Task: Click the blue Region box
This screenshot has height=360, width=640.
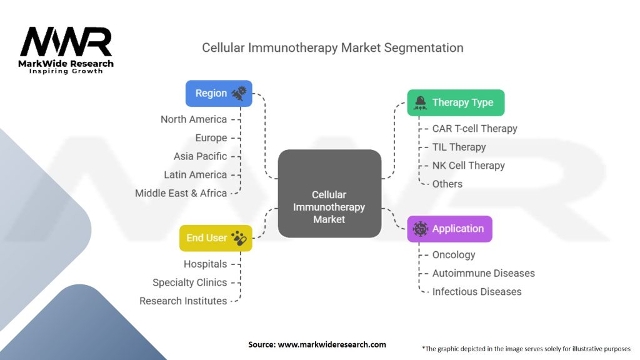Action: coord(219,93)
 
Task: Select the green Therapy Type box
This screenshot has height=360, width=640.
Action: coord(456,102)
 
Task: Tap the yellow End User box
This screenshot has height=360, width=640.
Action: coord(215,238)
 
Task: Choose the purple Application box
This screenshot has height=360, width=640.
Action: coord(449,229)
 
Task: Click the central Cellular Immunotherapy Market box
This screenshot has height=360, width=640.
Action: coord(329,194)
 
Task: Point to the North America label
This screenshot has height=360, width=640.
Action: coord(193,119)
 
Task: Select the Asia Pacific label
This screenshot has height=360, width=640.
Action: coord(200,156)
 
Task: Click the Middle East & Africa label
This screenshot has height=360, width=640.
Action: coord(181,193)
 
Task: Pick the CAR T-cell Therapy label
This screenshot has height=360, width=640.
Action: coord(474,129)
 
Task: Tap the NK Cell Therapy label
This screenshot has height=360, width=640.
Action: coord(468,166)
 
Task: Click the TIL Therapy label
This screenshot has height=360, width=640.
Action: coord(459,147)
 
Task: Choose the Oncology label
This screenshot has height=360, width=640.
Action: coord(454,255)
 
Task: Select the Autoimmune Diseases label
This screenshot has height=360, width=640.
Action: coord(483,273)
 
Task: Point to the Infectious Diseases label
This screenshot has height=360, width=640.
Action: coord(476,292)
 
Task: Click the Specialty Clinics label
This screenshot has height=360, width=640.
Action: coord(189,282)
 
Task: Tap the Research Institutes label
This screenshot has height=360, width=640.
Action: coord(183,301)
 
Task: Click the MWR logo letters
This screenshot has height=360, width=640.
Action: coord(66,42)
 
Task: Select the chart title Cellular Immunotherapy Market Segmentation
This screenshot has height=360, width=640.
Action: coord(332,48)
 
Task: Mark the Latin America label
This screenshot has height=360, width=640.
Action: coord(195,175)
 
